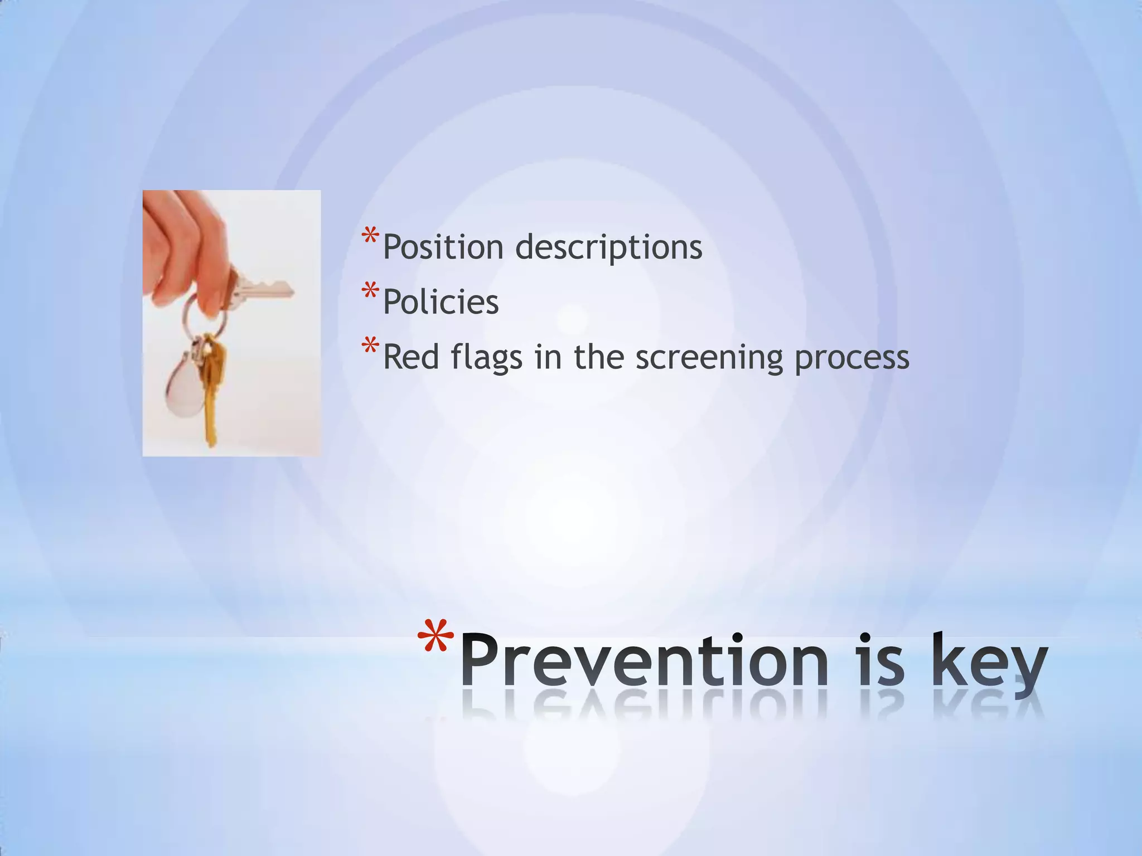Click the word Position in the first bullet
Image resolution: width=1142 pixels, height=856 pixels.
pyautogui.click(x=443, y=247)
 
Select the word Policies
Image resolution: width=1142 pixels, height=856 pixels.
pyautogui.click(x=441, y=302)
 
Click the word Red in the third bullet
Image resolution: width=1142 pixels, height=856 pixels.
pyautogui.click(x=412, y=357)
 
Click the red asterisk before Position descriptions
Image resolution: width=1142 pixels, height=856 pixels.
pyautogui.click(x=369, y=236)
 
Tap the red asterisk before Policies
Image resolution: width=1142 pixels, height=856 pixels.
pyautogui.click(x=369, y=291)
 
